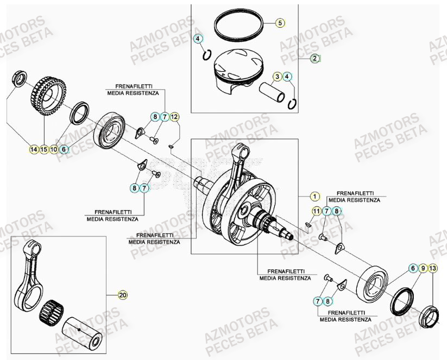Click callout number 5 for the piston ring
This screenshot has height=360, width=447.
(x=280, y=23)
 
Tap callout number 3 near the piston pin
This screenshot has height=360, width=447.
(x=277, y=77)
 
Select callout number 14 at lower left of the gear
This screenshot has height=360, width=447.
(x=34, y=149)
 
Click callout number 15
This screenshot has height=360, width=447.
(x=44, y=149)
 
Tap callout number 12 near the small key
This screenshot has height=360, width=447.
(x=174, y=117)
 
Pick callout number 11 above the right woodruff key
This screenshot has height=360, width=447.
(x=316, y=211)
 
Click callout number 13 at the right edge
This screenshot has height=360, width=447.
(x=432, y=268)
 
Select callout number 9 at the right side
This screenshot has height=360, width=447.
(x=423, y=268)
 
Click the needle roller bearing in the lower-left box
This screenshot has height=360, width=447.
(x=53, y=312)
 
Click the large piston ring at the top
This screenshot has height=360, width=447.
(x=240, y=25)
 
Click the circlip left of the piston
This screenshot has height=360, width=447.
(x=206, y=55)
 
